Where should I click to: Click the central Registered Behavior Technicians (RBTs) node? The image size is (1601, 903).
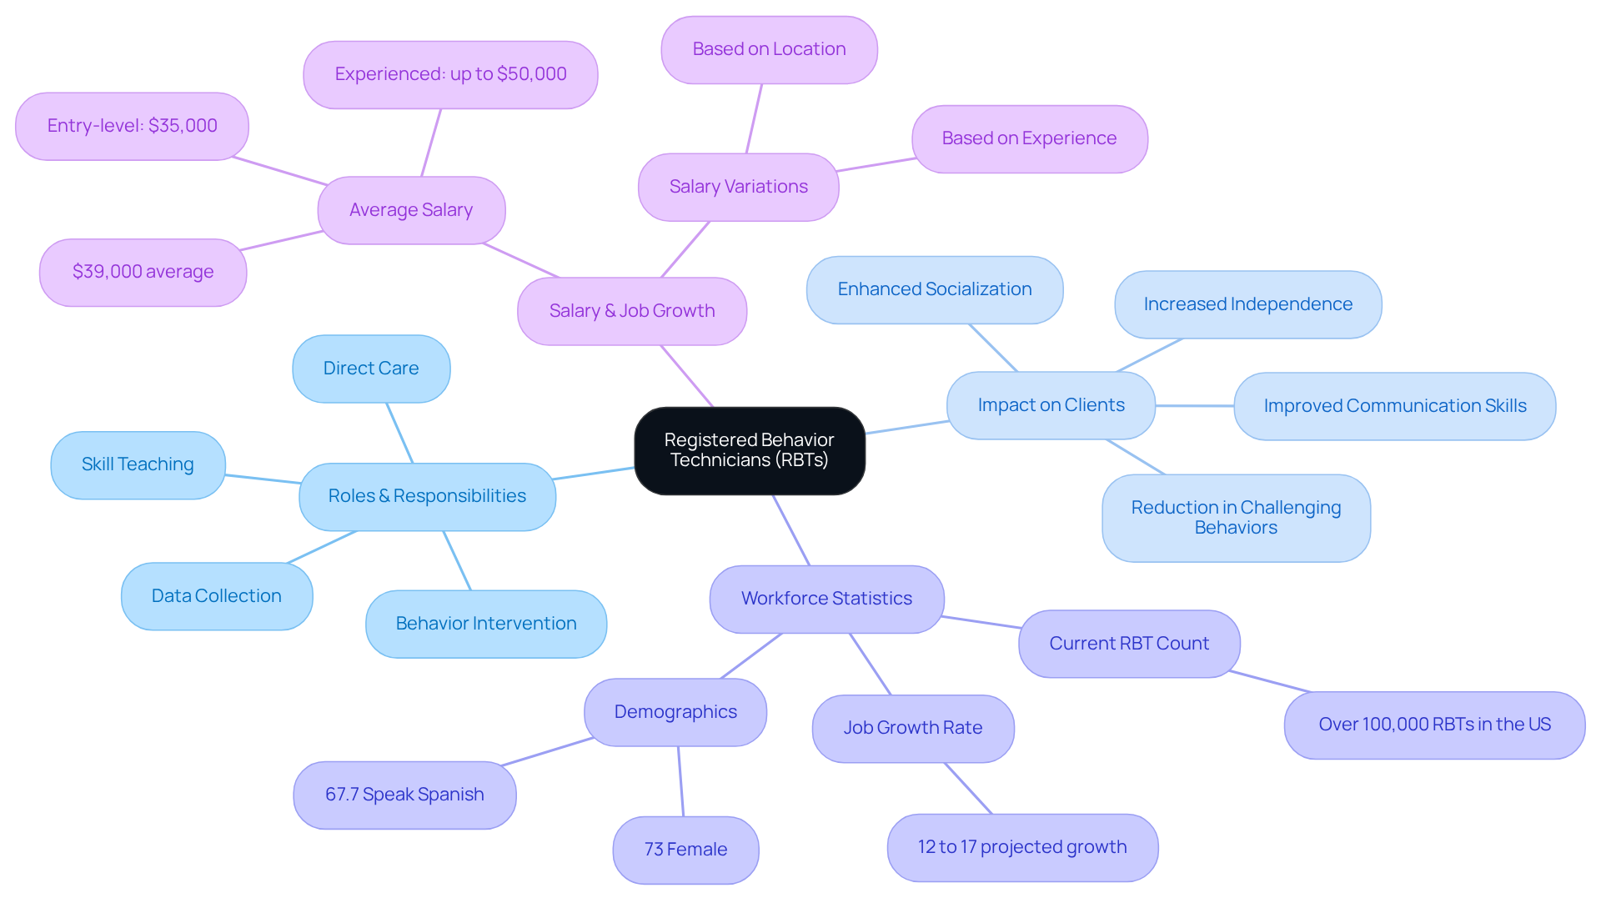[749, 450]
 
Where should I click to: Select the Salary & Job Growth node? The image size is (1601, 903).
[631, 311]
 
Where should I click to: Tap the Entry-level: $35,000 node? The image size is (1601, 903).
[132, 126]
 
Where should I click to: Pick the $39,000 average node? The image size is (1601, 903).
[143, 272]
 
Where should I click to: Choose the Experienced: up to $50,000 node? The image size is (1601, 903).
[450, 74]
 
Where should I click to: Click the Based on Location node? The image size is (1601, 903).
[769, 49]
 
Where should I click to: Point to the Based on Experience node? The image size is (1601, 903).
[1029, 138]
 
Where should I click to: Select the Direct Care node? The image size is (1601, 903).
[371, 369]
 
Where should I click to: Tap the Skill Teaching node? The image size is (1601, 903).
[138, 464]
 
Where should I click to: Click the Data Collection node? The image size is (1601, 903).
[217, 596]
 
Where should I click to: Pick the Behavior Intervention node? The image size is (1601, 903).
[486, 624]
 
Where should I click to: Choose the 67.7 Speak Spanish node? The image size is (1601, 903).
[404, 795]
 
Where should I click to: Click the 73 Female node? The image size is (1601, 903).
[685, 850]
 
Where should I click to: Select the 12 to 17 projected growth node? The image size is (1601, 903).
[1022, 847]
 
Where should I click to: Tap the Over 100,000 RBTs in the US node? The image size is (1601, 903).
[1434, 725]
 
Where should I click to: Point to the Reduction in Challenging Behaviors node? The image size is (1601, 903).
[1236, 518]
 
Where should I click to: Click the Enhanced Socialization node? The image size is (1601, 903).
[935, 289]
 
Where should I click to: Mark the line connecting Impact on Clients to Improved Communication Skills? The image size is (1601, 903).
[1194, 406]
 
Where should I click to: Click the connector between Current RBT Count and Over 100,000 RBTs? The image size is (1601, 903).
[1270, 681]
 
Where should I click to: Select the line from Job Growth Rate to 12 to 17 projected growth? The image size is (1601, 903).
[968, 788]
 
